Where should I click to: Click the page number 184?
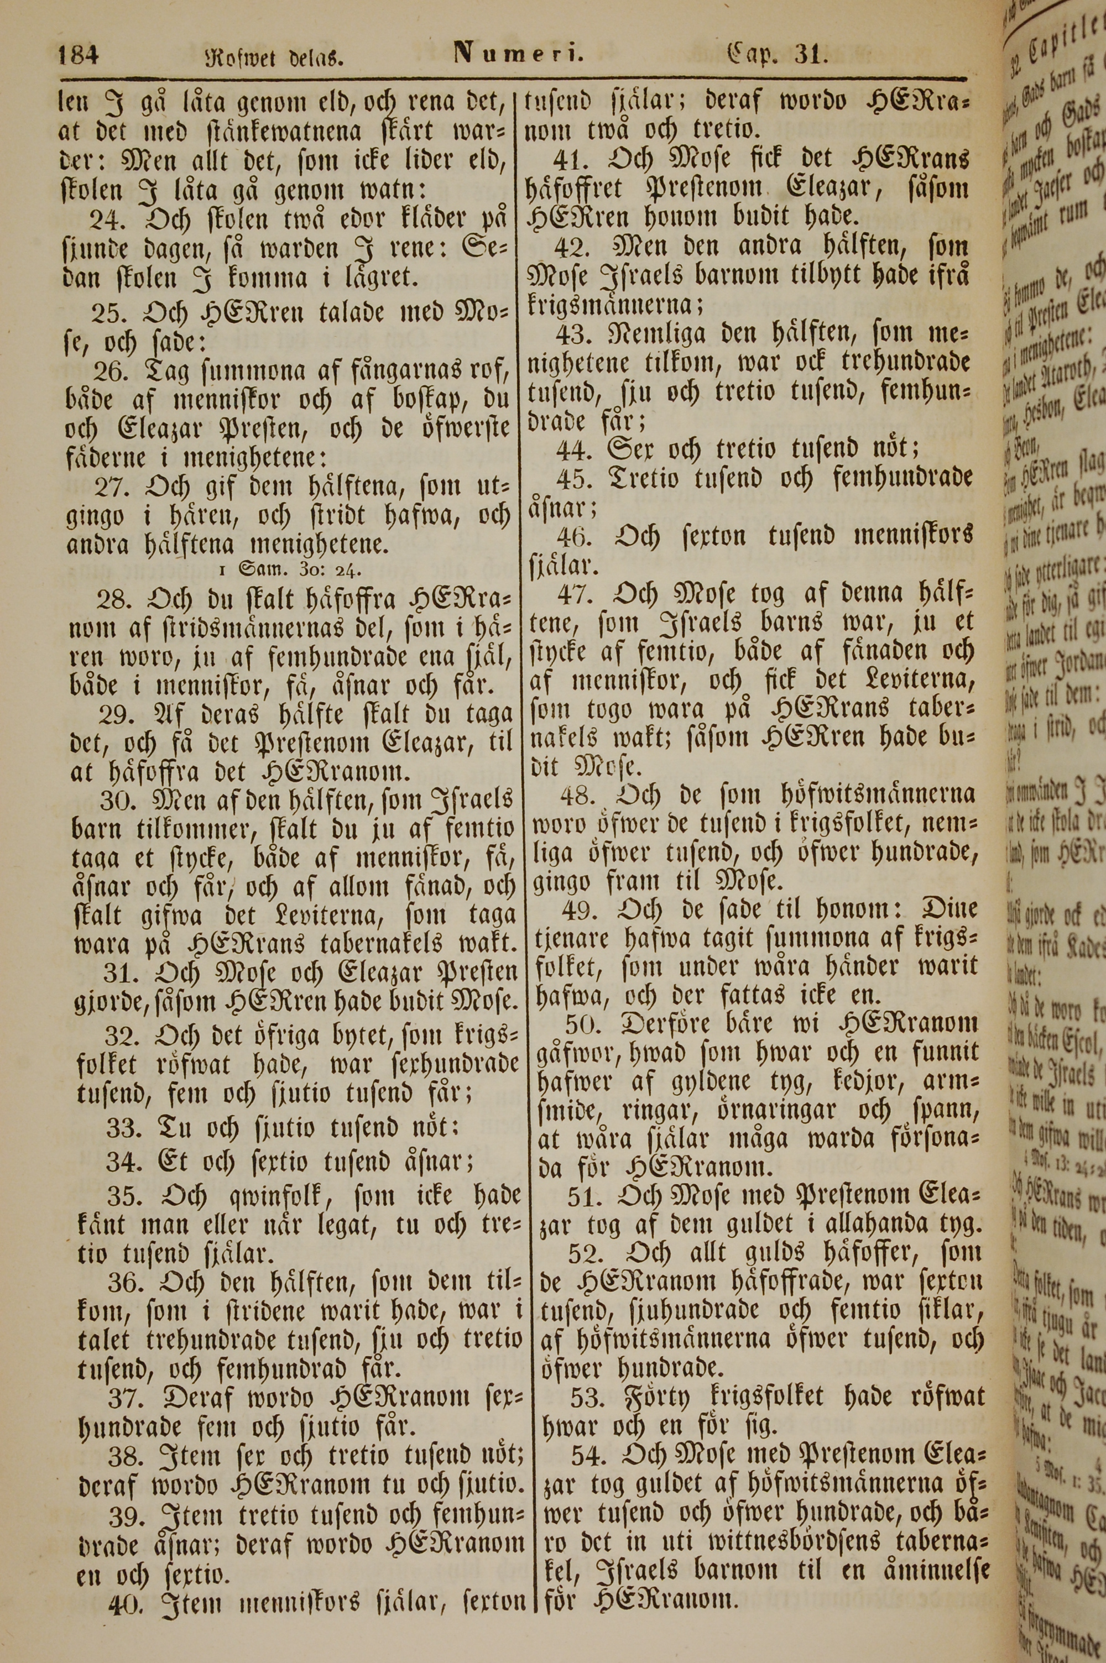click(x=80, y=54)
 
